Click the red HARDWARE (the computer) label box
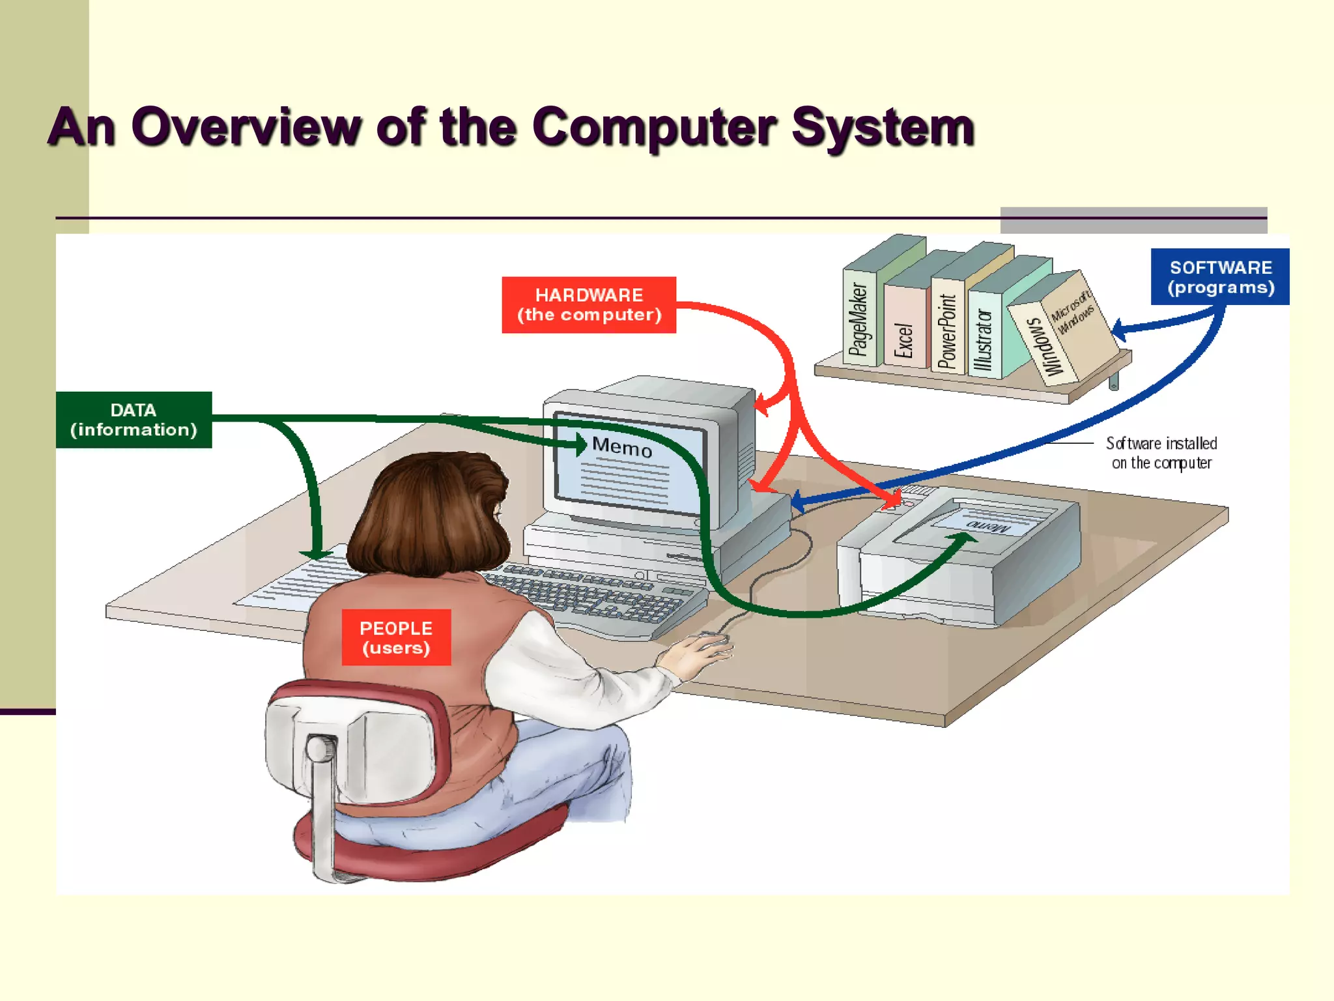(x=588, y=305)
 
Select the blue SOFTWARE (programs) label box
(x=1219, y=277)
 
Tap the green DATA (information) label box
(x=134, y=420)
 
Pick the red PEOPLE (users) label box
(x=396, y=637)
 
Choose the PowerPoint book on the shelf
(x=946, y=329)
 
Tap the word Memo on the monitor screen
(x=621, y=447)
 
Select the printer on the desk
(x=958, y=554)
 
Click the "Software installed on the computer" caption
(x=1161, y=453)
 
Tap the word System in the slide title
(x=883, y=127)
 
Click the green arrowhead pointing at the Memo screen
(x=580, y=444)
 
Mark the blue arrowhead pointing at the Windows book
(x=1120, y=328)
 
